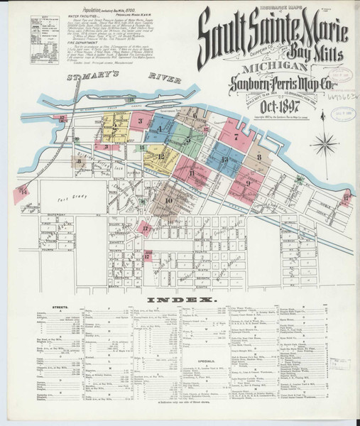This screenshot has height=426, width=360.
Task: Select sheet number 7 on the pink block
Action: tap(235, 134)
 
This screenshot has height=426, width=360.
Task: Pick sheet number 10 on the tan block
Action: tap(168, 201)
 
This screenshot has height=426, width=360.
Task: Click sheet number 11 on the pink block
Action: tap(192, 173)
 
